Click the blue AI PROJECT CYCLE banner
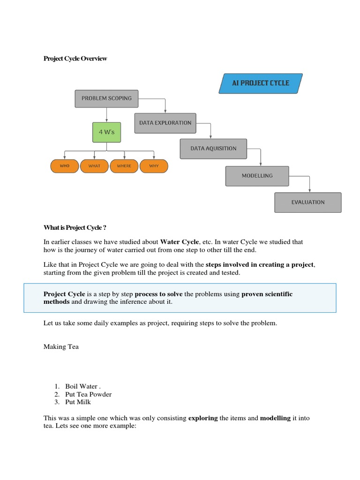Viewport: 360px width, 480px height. pos(261,83)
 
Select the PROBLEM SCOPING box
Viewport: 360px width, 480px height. pos(106,98)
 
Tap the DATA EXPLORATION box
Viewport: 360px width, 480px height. pos(165,123)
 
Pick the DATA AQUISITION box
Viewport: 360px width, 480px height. pos(213,149)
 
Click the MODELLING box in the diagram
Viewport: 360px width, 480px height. pos(257,176)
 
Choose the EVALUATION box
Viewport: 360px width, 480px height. pos(307,202)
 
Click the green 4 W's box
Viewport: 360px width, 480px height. pos(107,132)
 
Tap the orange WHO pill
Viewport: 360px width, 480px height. pos(64,166)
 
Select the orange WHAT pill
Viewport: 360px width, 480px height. pos(94,166)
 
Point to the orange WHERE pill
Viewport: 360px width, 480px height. pos(124,166)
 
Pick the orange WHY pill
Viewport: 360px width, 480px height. pos(154,166)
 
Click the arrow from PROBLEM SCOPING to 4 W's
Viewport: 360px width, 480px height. pos(107,115)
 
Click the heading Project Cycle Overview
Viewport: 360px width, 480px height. pos(75,59)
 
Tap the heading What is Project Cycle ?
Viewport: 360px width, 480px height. pos(75,228)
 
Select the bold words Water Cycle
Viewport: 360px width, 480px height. pos(180,242)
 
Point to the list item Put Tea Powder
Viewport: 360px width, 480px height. pos(89,394)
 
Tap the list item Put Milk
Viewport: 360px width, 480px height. pos(78,402)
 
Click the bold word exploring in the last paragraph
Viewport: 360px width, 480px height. pos(203,418)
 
